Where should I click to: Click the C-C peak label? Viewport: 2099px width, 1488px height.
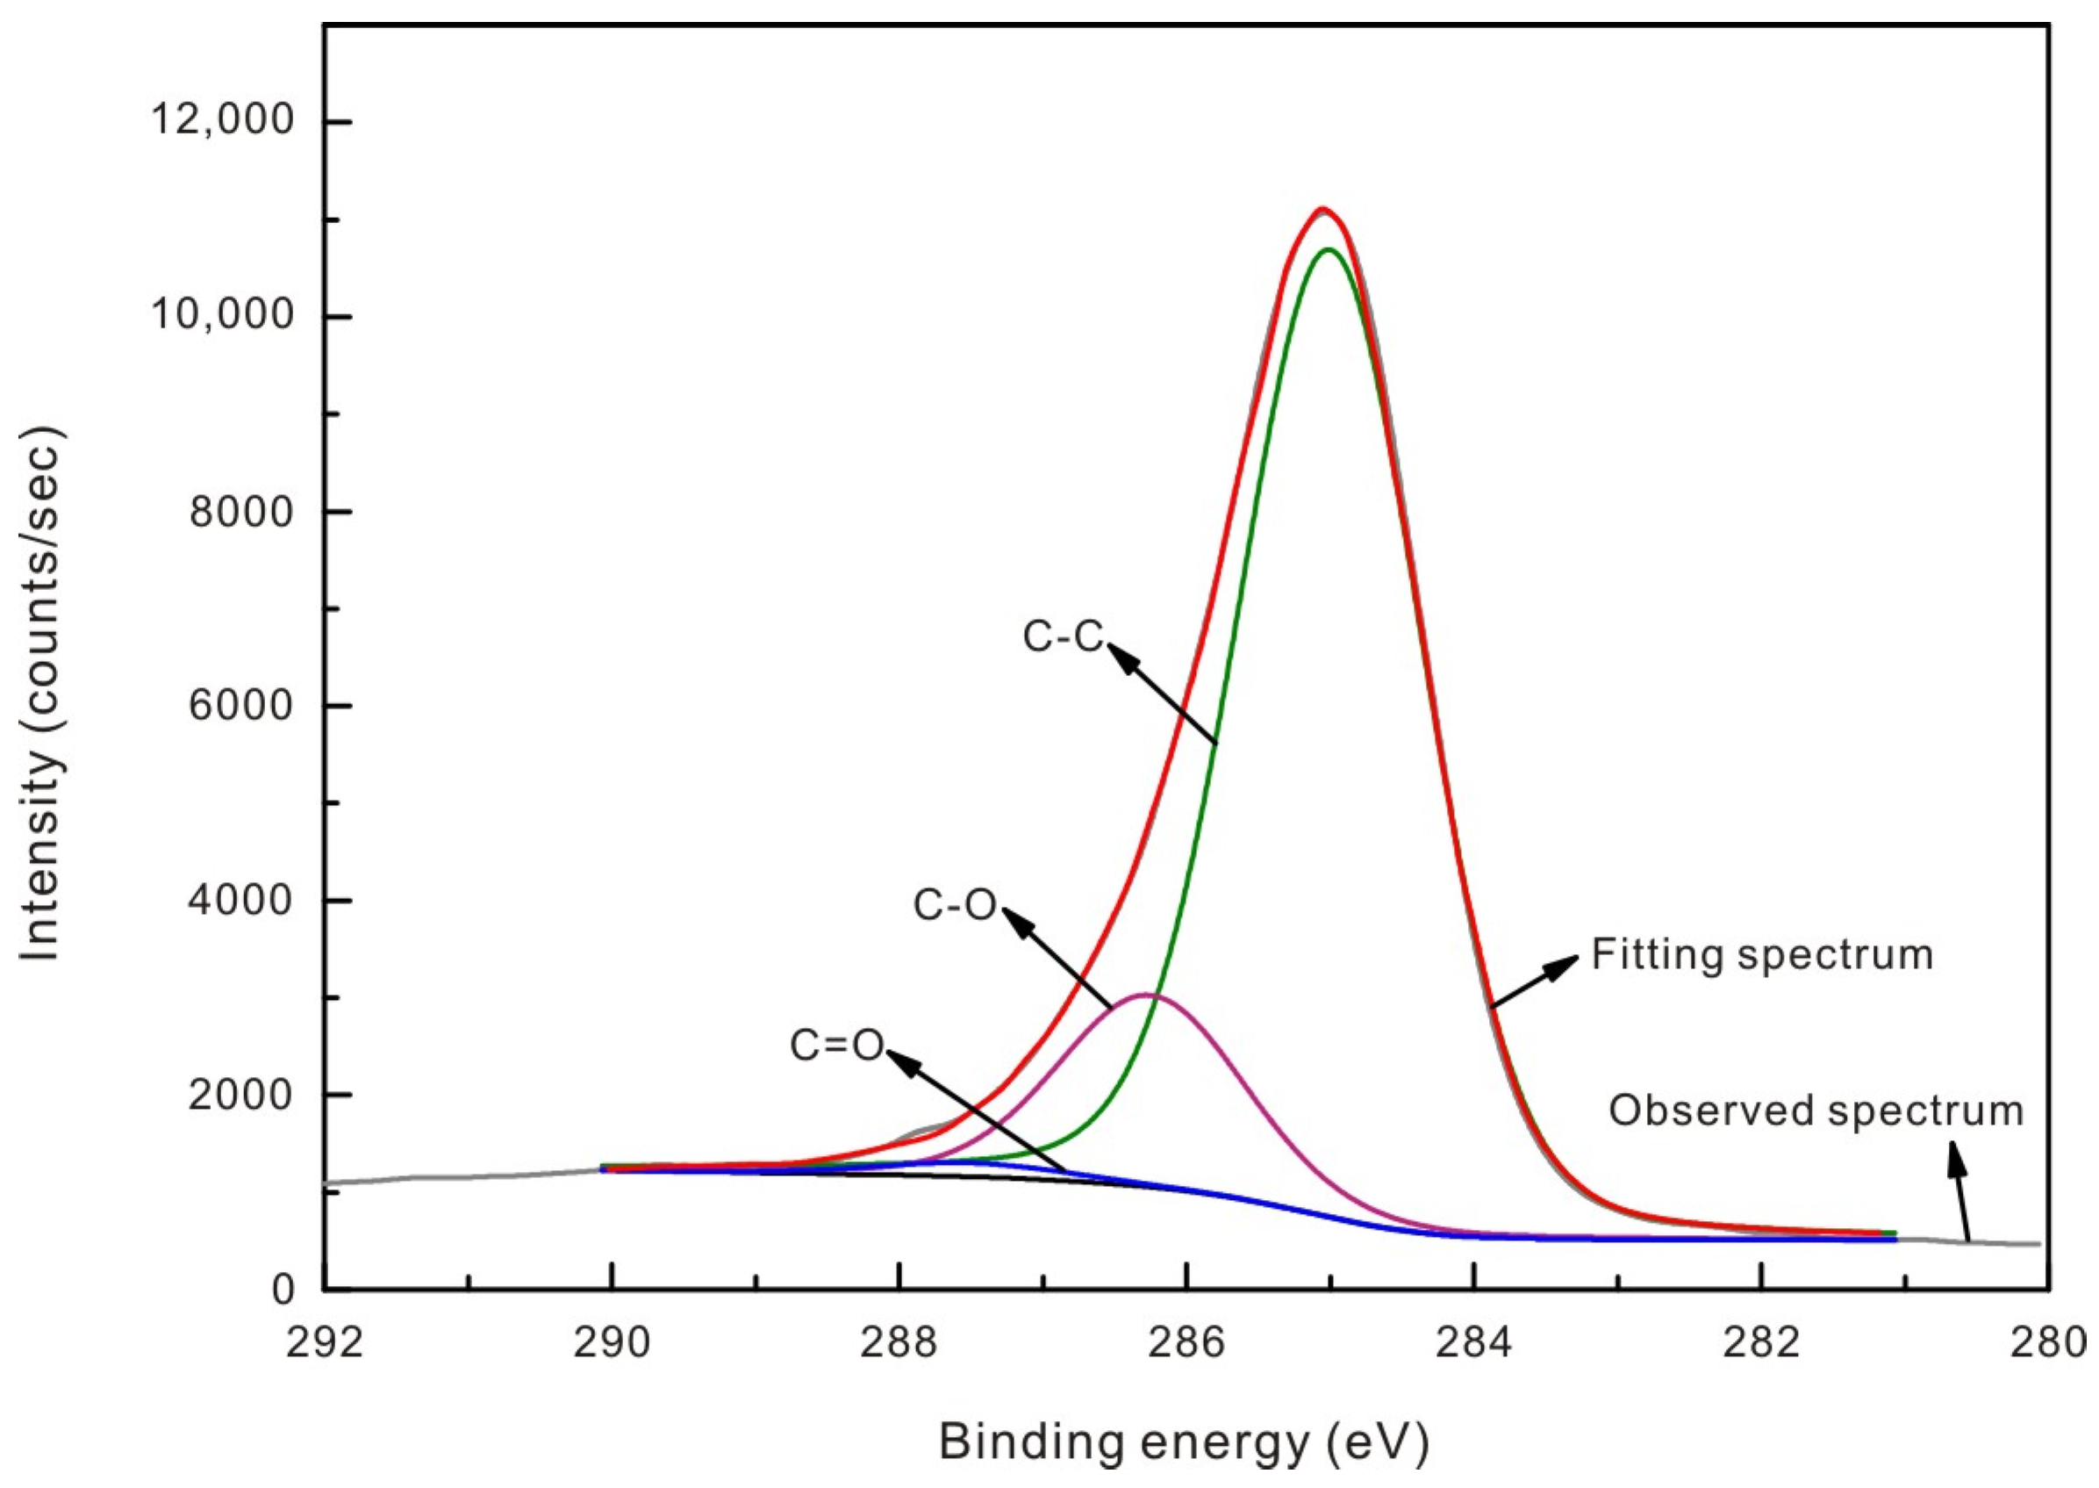coord(1063,636)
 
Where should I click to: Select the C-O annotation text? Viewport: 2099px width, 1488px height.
coord(954,905)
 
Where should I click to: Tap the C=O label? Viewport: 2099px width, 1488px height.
coord(836,1046)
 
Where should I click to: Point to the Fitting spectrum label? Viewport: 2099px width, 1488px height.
coord(1762,955)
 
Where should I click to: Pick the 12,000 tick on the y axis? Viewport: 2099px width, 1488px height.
coord(223,119)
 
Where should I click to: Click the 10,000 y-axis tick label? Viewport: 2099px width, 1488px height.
coord(223,314)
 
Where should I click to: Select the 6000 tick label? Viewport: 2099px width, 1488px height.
coord(240,705)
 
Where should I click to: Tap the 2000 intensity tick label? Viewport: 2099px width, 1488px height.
coord(240,1094)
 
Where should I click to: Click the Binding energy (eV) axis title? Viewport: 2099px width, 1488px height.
coord(1183,1441)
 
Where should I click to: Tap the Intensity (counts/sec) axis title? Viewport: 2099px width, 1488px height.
coord(40,694)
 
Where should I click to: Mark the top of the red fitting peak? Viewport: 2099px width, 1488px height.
coord(1322,211)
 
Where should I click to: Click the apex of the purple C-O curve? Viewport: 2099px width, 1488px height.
coord(1147,994)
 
